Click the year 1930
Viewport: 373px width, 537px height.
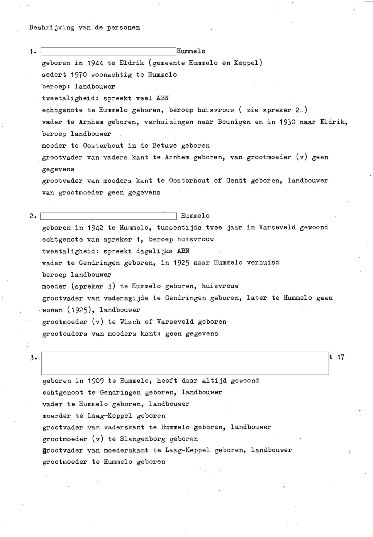tap(287, 122)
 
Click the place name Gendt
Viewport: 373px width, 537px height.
tap(236, 181)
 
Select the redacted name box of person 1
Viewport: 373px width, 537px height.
tap(108, 51)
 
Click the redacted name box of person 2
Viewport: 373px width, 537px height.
tap(108, 216)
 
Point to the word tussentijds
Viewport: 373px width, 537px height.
tap(178, 228)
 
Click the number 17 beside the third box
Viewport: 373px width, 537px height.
tap(341, 358)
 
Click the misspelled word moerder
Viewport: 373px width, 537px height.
tap(56, 416)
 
